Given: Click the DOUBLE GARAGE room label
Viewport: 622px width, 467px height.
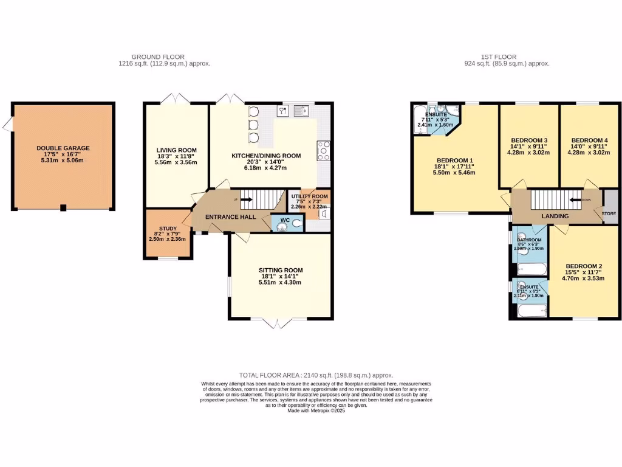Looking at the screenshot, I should pyautogui.click(x=63, y=148).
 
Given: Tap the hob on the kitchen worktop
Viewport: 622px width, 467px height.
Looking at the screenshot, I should pyautogui.click(x=323, y=149).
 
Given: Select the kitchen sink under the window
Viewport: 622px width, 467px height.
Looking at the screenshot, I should pyautogui.click(x=301, y=110).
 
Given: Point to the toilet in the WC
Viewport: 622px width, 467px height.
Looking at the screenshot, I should pyautogui.click(x=295, y=224).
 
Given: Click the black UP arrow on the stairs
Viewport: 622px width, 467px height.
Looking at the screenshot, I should pyautogui.click(x=248, y=198).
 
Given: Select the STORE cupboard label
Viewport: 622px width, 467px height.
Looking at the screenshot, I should pyautogui.click(x=609, y=213).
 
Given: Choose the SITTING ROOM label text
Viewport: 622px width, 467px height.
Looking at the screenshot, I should pyautogui.click(x=280, y=271).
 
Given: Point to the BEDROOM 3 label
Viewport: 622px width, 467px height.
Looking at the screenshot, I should pyautogui.click(x=529, y=140).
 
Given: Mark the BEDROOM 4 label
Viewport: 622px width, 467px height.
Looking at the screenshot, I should pyautogui.click(x=589, y=140).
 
